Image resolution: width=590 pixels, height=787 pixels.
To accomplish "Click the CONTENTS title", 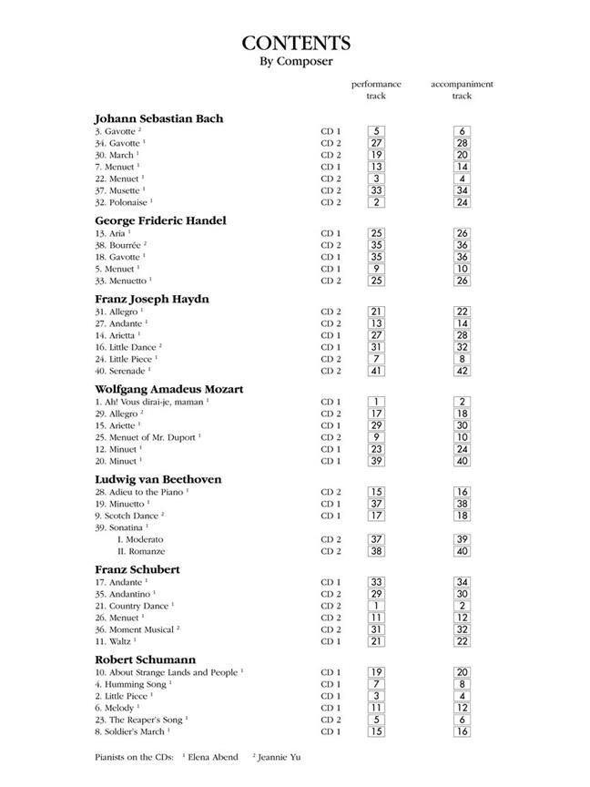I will click(x=295, y=44).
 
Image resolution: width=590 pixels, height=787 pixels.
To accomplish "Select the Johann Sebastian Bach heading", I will click(x=158, y=118).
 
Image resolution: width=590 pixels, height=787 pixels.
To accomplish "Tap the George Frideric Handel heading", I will click(x=160, y=220).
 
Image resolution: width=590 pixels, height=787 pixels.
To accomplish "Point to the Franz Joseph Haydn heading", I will click(x=152, y=299).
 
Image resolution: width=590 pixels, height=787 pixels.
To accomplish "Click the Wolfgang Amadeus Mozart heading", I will click(x=169, y=389).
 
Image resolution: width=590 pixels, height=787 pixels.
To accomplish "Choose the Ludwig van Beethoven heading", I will click(x=158, y=479).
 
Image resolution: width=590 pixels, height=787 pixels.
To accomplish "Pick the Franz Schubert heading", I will click(x=137, y=569).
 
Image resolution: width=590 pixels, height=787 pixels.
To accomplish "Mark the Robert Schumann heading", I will click(x=145, y=659).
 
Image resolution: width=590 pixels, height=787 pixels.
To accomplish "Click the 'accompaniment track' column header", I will click(x=462, y=89).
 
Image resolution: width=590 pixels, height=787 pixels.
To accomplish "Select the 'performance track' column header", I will click(x=376, y=89).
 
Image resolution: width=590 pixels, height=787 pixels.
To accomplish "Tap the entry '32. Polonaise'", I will click(x=124, y=202).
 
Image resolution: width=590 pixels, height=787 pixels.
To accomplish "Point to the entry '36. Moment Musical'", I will click(x=137, y=629).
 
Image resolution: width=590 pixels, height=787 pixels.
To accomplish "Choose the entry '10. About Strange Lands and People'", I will click(x=168, y=672).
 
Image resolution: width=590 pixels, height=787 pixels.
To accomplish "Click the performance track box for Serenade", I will click(x=376, y=371).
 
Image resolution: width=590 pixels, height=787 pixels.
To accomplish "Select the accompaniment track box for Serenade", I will click(x=462, y=371).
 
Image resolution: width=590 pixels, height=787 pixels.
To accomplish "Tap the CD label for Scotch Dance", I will click(x=331, y=516).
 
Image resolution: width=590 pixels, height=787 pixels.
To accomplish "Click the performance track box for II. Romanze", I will click(x=376, y=551).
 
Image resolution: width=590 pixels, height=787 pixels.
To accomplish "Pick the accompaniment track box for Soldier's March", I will click(x=462, y=731).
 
